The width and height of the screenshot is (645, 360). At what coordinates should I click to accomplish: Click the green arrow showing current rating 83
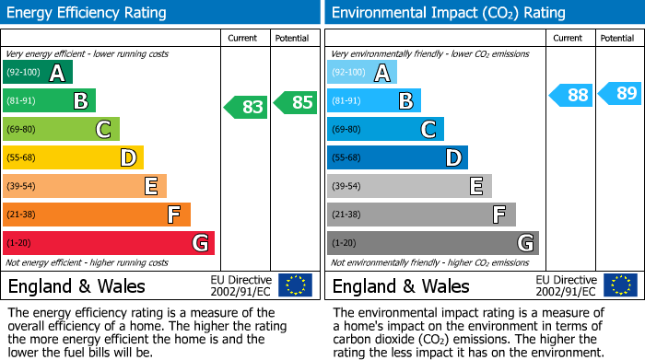tap(247, 106)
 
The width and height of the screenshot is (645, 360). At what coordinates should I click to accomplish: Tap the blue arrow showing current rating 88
tap(572, 95)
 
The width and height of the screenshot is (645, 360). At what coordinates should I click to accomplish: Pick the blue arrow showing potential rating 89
tap(621, 92)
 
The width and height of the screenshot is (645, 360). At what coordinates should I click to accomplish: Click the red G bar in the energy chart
tap(108, 243)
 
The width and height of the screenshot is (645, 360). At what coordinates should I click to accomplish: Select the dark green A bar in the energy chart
tap(37, 73)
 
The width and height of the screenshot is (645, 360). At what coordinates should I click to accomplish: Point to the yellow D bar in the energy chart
tap(73, 157)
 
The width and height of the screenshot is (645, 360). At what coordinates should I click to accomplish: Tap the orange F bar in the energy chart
tap(96, 215)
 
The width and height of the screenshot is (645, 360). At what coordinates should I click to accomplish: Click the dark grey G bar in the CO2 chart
tap(432, 243)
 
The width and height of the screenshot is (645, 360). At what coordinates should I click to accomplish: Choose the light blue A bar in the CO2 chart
tap(362, 73)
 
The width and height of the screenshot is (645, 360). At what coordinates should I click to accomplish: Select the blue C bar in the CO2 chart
tap(385, 129)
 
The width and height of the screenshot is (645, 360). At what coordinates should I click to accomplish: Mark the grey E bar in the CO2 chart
tap(409, 186)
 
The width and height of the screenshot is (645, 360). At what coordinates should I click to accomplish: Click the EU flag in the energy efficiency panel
tap(295, 285)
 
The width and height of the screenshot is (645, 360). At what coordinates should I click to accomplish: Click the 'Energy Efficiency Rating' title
tap(88, 13)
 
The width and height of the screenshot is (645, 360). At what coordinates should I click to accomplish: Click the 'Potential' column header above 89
tap(617, 38)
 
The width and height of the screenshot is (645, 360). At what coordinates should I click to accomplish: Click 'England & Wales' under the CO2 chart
tap(401, 285)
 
